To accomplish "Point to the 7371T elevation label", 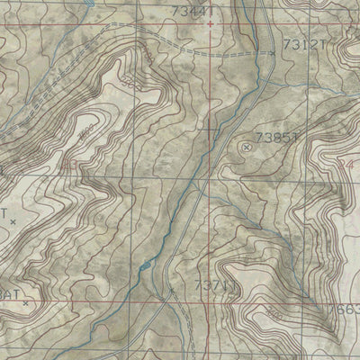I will [214, 286].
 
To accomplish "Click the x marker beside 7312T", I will [274, 54].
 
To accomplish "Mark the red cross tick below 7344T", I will [210, 23].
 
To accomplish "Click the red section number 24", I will [349, 165].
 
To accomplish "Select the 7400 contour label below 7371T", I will [266, 314].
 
